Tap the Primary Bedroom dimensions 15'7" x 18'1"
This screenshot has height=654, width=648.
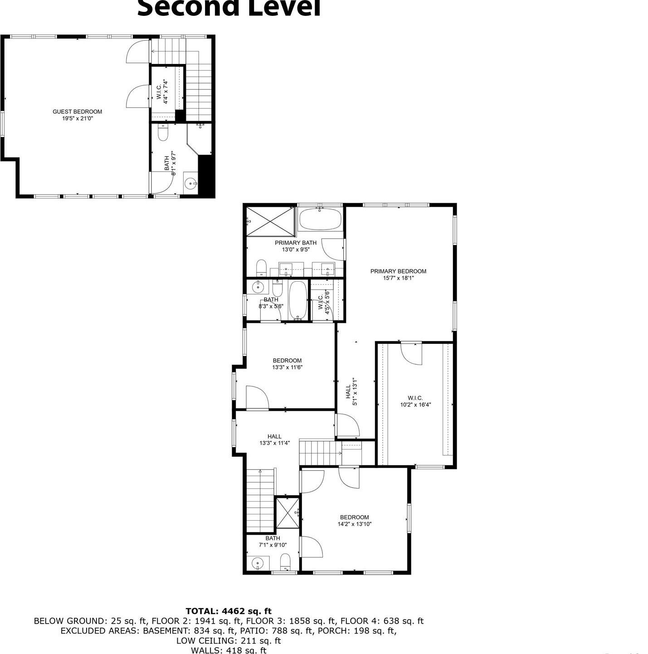(398, 278)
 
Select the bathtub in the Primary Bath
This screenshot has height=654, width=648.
(320, 220)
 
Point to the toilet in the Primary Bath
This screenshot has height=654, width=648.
(261, 268)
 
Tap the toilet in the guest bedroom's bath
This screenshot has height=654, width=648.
(163, 132)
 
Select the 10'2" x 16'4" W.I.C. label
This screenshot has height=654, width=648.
(415, 401)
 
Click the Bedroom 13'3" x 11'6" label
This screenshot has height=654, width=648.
(287, 364)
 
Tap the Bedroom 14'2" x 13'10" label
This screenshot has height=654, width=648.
(355, 521)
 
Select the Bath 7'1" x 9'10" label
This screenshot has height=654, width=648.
(273, 542)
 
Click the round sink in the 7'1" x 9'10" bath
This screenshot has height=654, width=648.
(258, 563)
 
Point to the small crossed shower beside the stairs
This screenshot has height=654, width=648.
(287, 512)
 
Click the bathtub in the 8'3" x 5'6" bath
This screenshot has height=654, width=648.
(298, 299)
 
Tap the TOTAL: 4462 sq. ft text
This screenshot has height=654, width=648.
(229, 611)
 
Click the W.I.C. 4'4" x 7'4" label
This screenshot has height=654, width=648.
(162, 93)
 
